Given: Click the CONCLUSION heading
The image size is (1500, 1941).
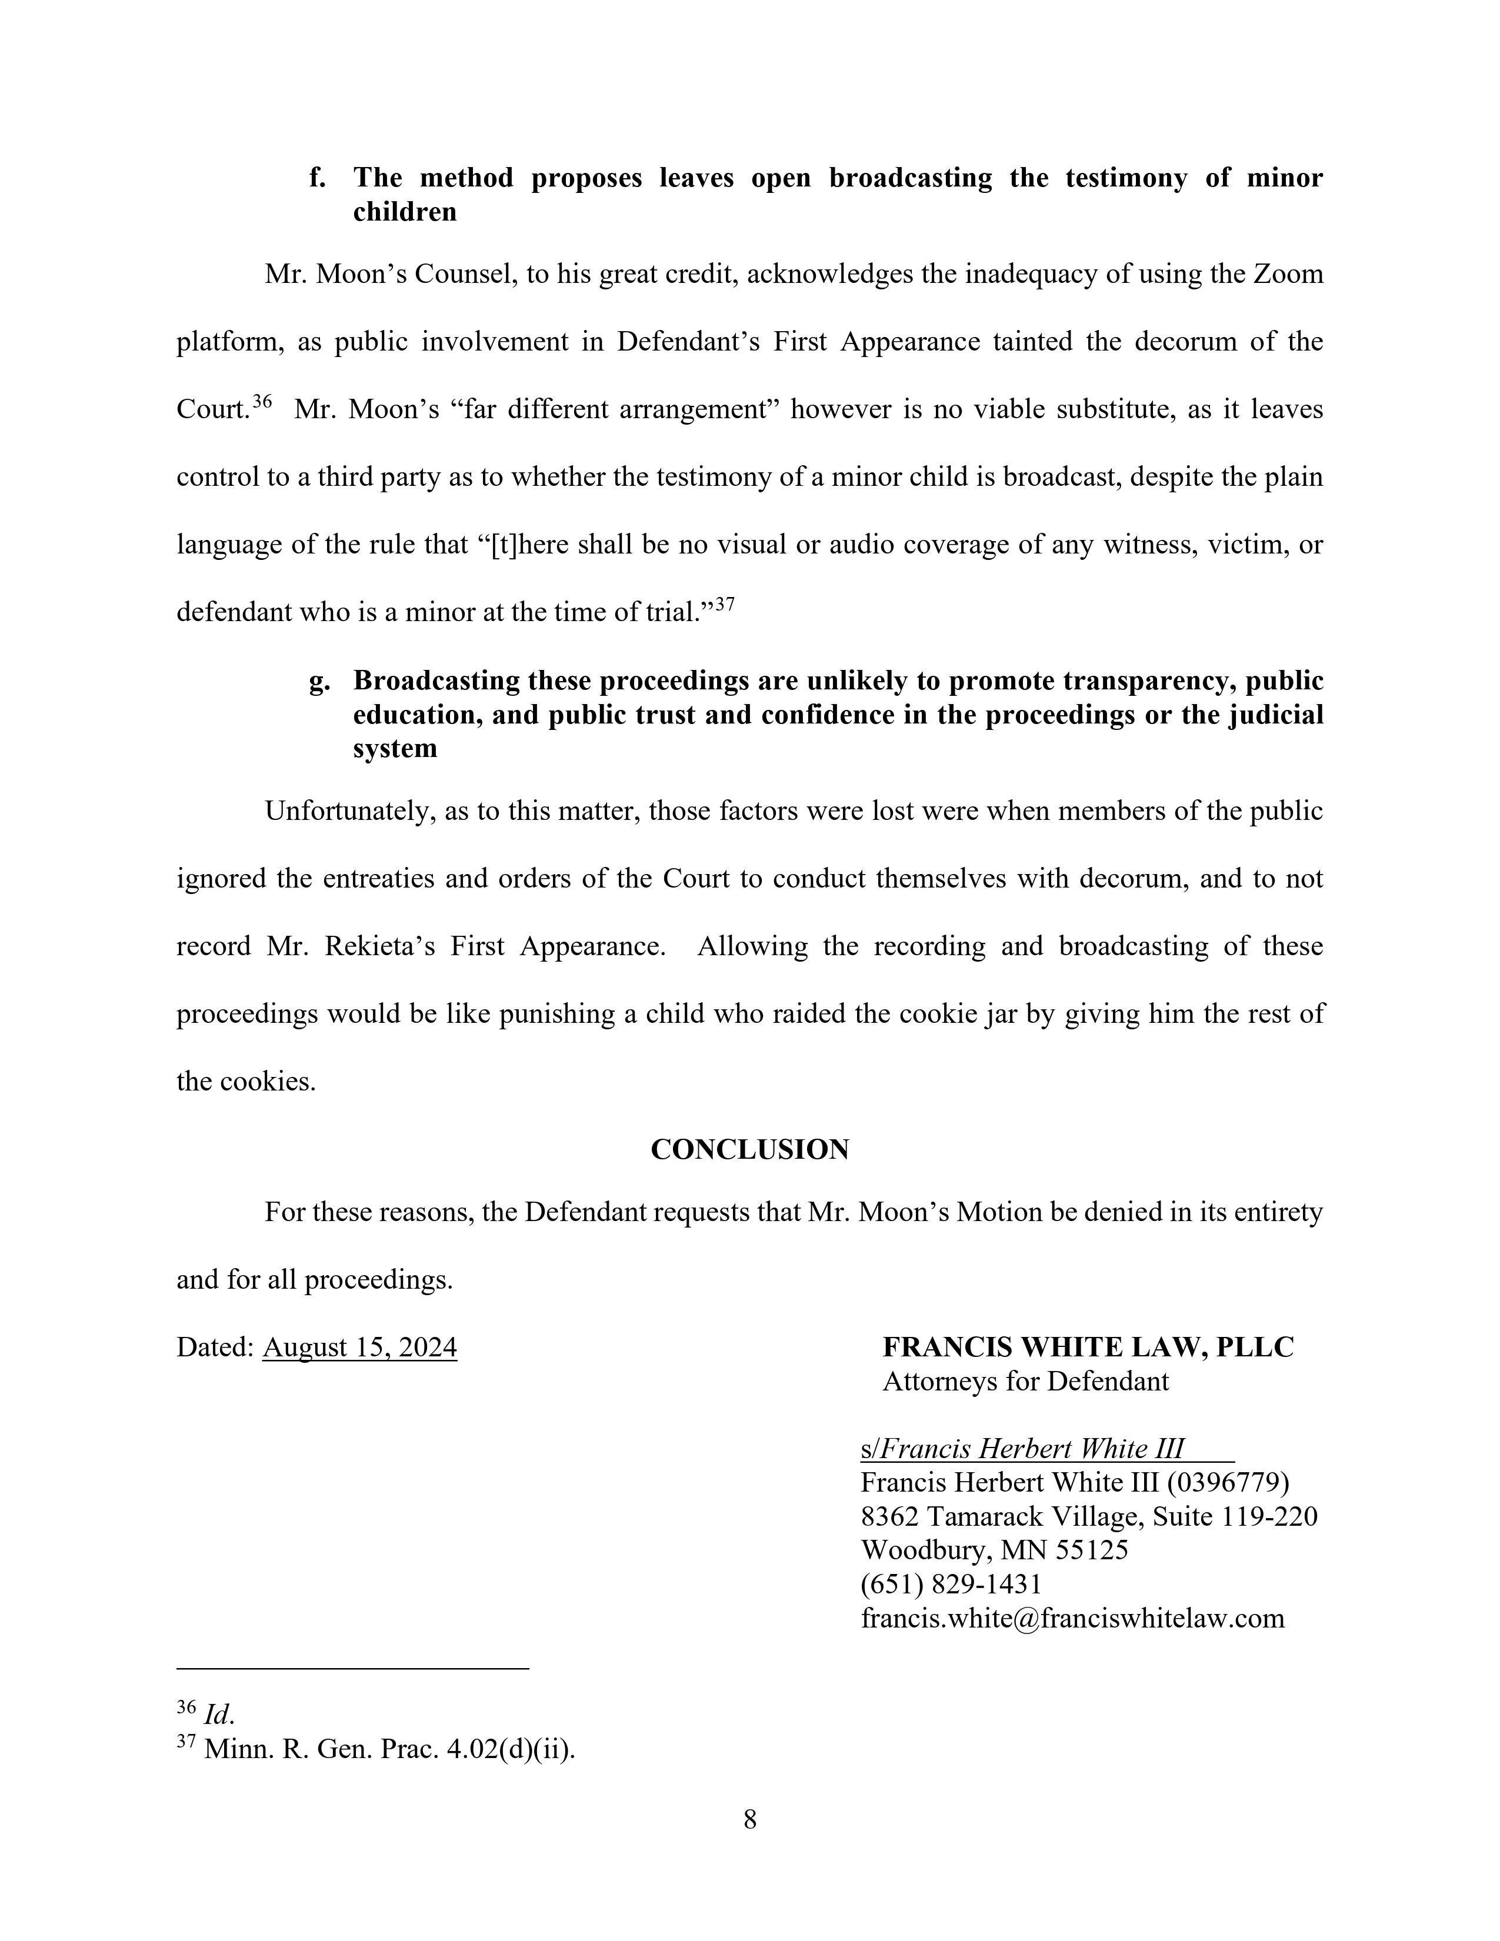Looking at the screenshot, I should click(x=749, y=1149).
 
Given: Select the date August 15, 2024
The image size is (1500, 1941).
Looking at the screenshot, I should click(x=360, y=1348).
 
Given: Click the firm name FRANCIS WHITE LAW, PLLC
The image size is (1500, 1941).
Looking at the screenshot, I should click(x=1088, y=1348).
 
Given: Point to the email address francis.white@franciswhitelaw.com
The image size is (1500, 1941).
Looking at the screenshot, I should click(x=1072, y=1617).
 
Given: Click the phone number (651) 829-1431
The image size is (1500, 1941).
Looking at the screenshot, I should click(x=951, y=1584).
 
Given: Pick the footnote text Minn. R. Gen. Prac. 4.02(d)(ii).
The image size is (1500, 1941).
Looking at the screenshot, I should click(x=389, y=1749).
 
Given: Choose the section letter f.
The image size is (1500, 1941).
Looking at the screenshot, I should click(x=316, y=178).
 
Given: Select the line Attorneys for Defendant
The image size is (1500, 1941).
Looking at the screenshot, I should click(x=1025, y=1381).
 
